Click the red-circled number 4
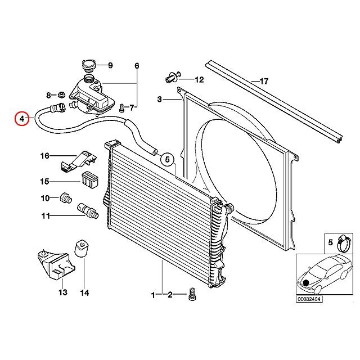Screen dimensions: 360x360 pyautogui.click(x=21, y=119)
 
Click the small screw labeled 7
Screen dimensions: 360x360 pyautogui.click(x=121, y=106)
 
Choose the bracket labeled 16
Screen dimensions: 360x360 pyautogui.click(x=75, y=161)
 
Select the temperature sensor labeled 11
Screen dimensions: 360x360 pyautogui.click(x=88, y=209)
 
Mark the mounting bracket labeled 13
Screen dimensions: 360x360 pyautogui.click(x=55, y=263)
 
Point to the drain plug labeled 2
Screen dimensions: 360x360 pyautogui.click(x=192, y=294)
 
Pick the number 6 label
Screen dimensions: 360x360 pyautogui.click(x=136, y=66)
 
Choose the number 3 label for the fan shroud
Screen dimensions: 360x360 pyautogui.click(x=160, y=100)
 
